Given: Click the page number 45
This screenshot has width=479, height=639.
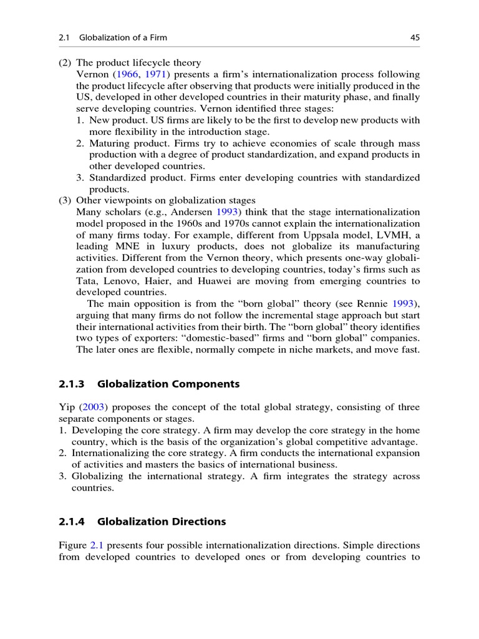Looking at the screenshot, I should tap(414, 38).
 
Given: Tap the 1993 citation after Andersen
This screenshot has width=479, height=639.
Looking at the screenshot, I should tap(227, 212).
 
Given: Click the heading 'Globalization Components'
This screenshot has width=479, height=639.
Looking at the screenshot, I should tap(168, 384).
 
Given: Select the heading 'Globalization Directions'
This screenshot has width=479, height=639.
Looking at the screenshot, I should tap(162, 521).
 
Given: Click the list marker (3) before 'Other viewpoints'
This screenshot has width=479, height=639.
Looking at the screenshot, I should tap(65, 200).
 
